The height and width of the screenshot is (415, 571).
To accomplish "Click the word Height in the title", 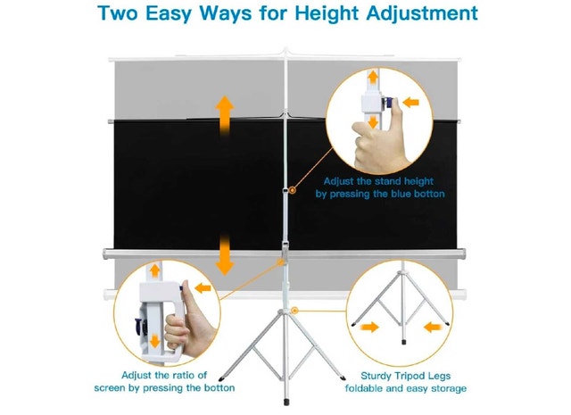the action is pyautogui.click(x=327, y=13).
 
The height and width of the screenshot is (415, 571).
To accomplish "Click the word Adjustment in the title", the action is pyautogui.click(x=422, y=13).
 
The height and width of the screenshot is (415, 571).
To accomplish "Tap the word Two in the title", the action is pyautogui.click(x=117, y=13).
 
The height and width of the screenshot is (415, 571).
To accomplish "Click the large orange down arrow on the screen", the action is pyautogui.click(x=225, y=256).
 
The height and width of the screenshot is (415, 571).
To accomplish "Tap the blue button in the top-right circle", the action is pyautogui.click(x=388, y=103).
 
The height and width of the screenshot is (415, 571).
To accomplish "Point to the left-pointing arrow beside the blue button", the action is pyautogui.click(x=411, y=102).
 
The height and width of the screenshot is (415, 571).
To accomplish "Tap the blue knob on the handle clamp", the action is pyautogui.click(x=138, y=325).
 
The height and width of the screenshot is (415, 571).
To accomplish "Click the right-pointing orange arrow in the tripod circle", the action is pyautogui.click(x=369, y=327).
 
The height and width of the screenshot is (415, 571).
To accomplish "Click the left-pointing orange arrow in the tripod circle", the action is pyautogui.click(x=433, y=327).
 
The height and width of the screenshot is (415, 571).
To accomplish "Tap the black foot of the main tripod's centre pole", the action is pyautogui.click(x=286, y=403).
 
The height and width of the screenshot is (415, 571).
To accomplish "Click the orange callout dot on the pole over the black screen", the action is pyautogui.click(x=293, y=190).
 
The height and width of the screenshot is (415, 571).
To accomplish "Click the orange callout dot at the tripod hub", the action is pyautogui.click(x=295, y=311).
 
